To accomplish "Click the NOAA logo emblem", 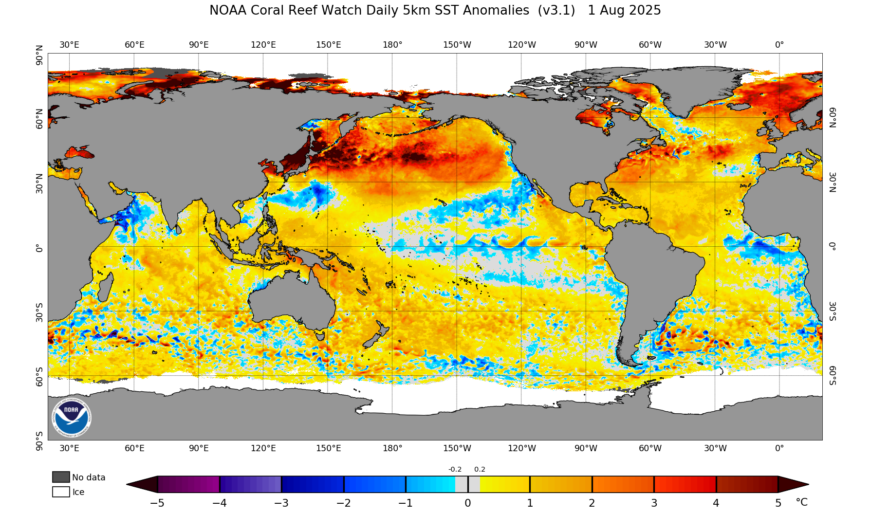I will tap(71, 418).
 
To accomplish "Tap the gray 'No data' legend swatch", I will tap(61, 477).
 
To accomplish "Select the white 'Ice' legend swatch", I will tap(61, 492).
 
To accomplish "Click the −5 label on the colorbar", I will tap(157, 503).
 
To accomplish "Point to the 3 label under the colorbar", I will tap(654, 503).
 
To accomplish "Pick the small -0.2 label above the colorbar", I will tap(455, 470).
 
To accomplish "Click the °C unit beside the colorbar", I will tap(801, 502).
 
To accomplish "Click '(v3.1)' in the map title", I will tap(556, 11).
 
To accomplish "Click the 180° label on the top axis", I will tap(392, 45).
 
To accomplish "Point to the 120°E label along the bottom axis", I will tap(263, 448).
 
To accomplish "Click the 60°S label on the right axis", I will tap(833, 375).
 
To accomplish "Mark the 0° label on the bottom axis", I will tap(779, 448).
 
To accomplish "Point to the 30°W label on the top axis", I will tap(715, 45).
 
